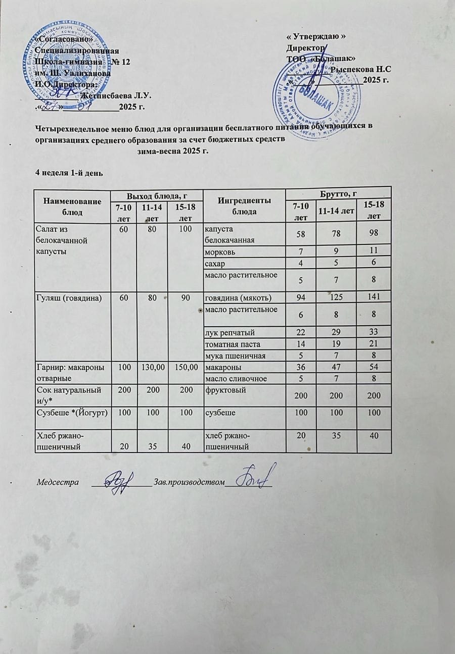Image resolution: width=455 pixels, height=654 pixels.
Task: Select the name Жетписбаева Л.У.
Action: [117, 95]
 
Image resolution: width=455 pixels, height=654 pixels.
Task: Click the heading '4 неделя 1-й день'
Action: [69, 173]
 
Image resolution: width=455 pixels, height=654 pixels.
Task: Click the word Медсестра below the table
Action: [57, 482]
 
